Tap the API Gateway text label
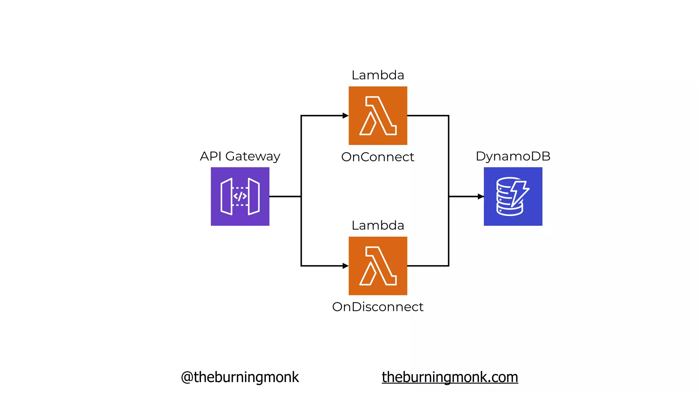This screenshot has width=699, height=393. pos(240,156)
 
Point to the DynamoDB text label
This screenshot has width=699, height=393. pos(513,156)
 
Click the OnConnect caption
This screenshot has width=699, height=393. pos(377,157)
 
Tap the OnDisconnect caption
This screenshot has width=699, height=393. pos(377,307)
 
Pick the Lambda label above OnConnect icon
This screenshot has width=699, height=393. pos(377,75)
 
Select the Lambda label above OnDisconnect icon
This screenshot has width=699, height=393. pos(377,225)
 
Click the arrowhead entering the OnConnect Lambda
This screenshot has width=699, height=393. pos(345,116)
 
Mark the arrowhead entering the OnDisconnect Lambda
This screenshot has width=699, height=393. pos(345,266)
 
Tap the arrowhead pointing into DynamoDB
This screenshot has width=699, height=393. pos(481,196)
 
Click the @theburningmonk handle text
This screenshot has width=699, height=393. pos(240,377)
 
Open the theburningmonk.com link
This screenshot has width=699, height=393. pos(450,377)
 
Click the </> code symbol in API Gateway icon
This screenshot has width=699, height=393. pos(240,196)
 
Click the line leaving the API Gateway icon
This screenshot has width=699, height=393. pos(285,196)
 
